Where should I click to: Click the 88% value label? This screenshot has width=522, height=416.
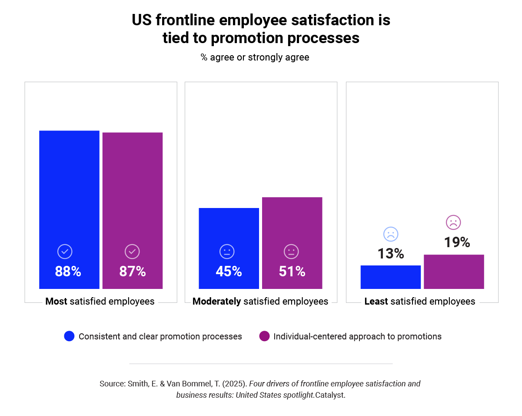coord(68,272)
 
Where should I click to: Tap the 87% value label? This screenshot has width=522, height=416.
coord(133,272)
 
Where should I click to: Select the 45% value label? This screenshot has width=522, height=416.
coord(229,272)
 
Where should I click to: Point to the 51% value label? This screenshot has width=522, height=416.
coord(292,272)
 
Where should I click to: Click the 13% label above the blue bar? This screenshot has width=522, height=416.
coord(390,254)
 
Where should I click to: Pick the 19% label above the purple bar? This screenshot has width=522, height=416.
coord(457,242)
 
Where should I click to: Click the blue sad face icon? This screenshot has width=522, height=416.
coord(391,234)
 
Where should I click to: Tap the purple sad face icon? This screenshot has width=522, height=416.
coord(453,222)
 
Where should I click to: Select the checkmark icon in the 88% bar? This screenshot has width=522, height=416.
coord(65,252)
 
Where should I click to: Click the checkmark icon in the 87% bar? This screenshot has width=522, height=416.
coord(132,252)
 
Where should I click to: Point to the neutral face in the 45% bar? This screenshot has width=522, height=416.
coord(227,252)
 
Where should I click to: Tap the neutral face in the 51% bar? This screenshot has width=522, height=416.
coord(291,252)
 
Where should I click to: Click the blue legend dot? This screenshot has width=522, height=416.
coord(69,336)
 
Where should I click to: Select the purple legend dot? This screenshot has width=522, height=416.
coord(264,336)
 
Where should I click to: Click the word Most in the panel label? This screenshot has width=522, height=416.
coord(56,301)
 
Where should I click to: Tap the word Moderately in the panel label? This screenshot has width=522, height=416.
coord(216,301)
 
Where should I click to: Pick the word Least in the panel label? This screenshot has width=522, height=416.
coord(376,301)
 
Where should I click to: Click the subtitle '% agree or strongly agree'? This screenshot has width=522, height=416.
coord(255,57)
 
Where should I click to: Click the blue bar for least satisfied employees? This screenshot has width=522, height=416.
coord(390,277)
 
